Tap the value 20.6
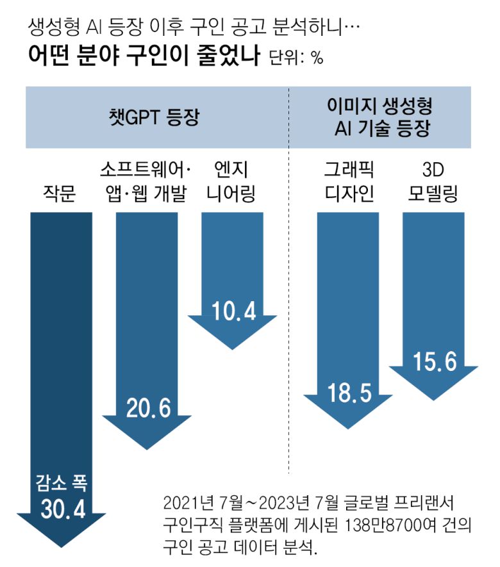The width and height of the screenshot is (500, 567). coord(146,407)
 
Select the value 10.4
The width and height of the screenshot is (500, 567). coord(233,311)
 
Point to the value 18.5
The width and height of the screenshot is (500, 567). coord(349,391)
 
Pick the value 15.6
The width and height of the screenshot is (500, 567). coord(434,363)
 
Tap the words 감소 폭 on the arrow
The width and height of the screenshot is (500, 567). coord(62,482)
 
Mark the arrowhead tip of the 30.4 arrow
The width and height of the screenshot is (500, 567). coord(62,545)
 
